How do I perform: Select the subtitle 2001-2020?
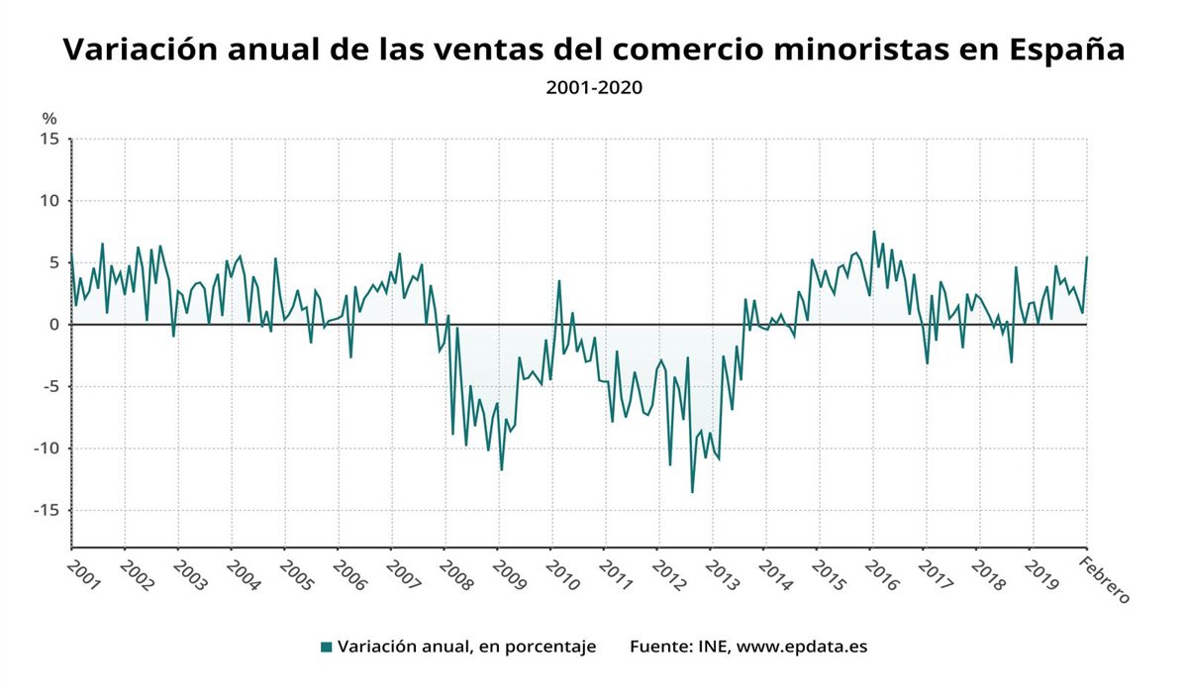(594, 87)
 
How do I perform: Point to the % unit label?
(49, 119)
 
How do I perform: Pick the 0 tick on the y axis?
(54, 325)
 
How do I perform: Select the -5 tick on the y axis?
(50, 386)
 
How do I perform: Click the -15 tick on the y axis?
(47, 510)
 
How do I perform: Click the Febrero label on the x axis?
(1103, 580)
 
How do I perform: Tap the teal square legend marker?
(326, 648)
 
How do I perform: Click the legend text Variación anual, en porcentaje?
(466, 648)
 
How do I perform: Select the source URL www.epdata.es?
(803, 648)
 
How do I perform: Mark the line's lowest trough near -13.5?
(692, 492)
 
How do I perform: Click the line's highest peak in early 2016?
(873, 232)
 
